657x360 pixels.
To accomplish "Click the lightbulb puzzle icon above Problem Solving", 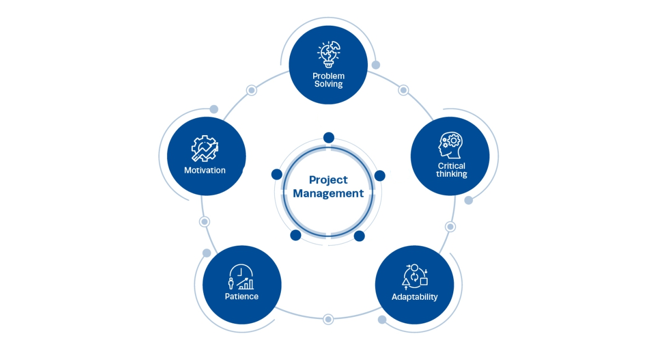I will (x=328, y=53).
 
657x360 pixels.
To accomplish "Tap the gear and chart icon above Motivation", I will (x=204, y=148).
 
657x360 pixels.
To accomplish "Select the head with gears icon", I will (x=451, y=146).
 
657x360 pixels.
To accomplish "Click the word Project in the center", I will (x=328, y=179).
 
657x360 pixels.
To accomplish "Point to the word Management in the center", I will (x=328, y=193).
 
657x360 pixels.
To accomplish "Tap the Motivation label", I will (x=205, y=170).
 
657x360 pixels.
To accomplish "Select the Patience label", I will (x=241, y=297).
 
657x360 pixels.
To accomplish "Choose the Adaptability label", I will (x=414, y=297).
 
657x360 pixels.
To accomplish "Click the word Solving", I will (x=328, y=84).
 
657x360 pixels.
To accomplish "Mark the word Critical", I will (x=451, y=166).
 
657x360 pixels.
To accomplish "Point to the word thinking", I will (x=451, y=174).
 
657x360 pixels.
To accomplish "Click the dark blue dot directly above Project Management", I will (x=328, y=137).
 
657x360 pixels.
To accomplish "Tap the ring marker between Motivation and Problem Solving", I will (x=251, y=90).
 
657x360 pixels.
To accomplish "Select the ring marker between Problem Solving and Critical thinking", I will (x=404, y=90).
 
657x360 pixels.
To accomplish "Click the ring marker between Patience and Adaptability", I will (x=328, y=319).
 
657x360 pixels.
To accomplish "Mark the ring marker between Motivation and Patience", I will (x=205, y=222).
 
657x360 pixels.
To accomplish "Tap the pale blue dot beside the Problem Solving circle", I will (x=376, y=65).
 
